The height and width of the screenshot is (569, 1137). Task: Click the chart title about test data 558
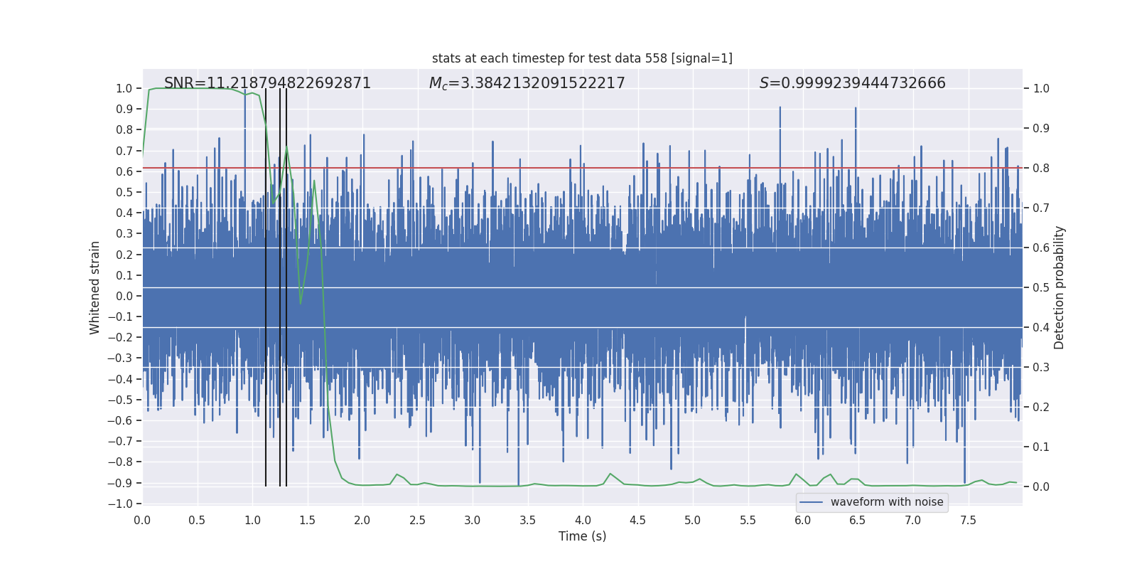tap(582, 58)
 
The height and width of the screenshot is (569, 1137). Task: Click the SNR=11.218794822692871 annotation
tap(267, 83)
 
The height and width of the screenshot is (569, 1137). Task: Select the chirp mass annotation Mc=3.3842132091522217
tap(527, 83)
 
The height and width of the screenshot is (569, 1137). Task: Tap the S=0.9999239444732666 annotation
tap(852, 83)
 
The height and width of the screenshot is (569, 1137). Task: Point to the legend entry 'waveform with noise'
tap(886, 502)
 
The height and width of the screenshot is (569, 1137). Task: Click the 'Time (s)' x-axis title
tap(582, 536)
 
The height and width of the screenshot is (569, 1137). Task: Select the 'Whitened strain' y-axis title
tap(95, 287)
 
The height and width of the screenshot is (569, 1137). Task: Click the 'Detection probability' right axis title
tap(1060, 287)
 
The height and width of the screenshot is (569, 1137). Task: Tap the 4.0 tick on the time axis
tap(583, 520)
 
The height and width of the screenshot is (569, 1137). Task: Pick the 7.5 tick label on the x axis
tap(968, 520)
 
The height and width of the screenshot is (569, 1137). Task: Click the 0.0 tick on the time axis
tap(142, 520)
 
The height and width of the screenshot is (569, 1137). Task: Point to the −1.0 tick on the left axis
tap(121, 504)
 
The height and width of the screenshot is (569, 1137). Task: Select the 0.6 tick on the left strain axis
tap(124, 171)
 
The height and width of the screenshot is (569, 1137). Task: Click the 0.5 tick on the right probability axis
tap(1041, 287)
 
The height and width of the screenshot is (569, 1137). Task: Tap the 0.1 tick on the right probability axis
tap(1041, 447)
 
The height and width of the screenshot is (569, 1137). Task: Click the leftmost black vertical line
tap(266, 284)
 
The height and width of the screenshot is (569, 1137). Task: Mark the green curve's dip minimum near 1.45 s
tap(301, 304)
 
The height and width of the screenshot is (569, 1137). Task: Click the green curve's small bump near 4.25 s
tap(610, 474)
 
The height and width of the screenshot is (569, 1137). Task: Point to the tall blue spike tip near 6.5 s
tap(856, 108)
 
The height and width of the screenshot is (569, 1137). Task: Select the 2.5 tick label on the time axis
tap(417, 520)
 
